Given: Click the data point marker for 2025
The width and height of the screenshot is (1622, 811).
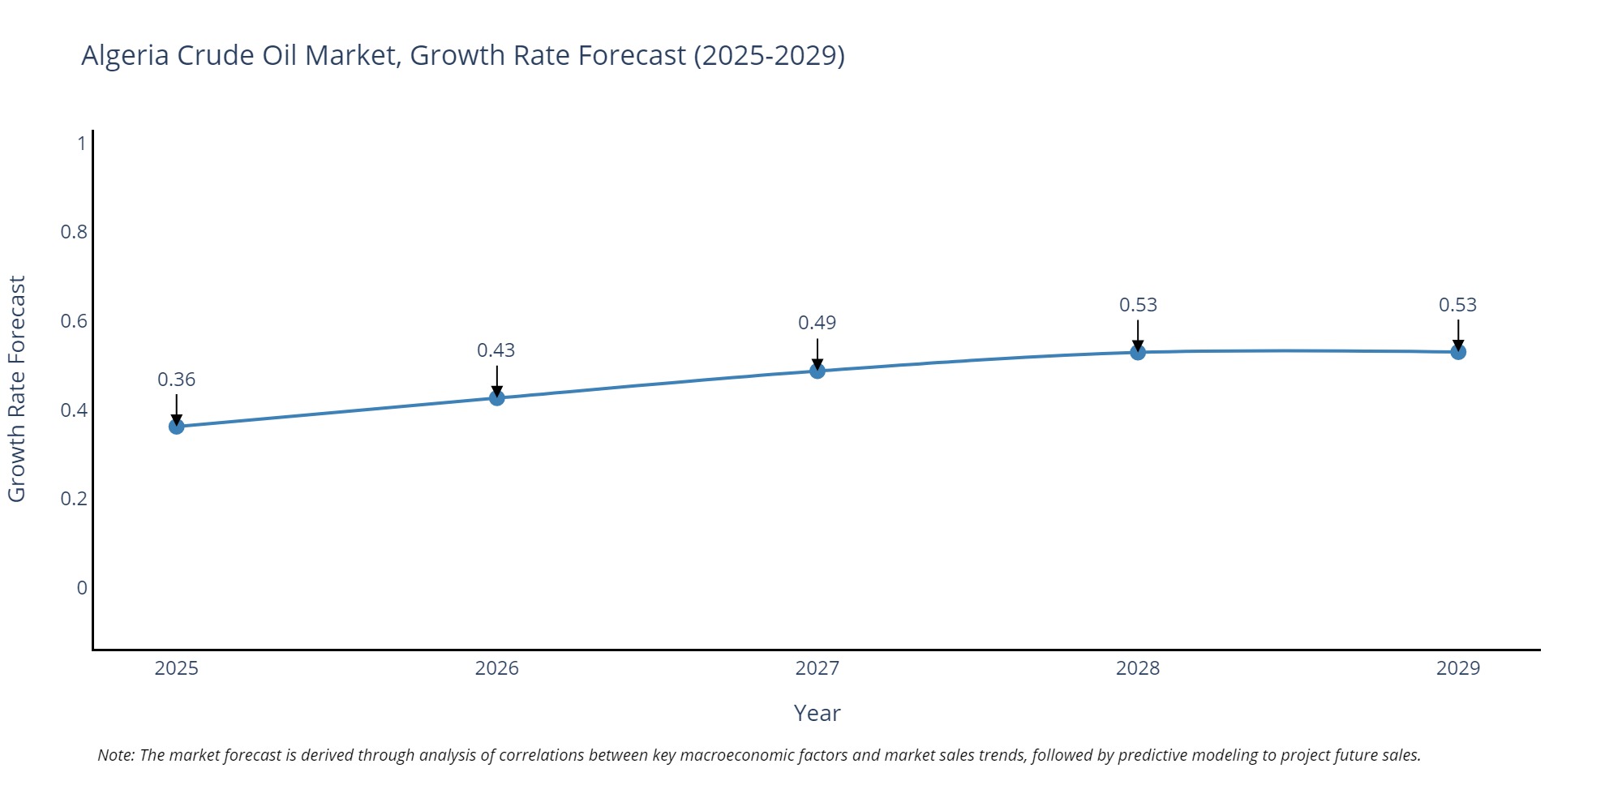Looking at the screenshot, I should pyautogui.click(x=177, y=427).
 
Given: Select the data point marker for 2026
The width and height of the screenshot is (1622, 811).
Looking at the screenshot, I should pyautogui.click(x=497, y=398).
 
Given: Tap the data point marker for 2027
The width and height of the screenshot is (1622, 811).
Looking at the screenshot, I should pyautogui.click(x=817, y=371).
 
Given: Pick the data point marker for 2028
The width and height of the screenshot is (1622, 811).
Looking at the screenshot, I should pyautogui.click(x=1138, y=352).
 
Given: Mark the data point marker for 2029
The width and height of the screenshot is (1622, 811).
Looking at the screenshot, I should pyautogui.click(x=1458, y=352).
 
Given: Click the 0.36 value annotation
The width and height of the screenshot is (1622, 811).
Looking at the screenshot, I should pyautogui.click(x=177, y=380).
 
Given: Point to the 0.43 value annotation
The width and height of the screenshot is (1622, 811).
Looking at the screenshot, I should pyautogui.click(x=496, y=350).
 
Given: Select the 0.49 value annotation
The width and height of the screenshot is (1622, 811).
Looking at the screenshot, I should pyautogui.click(x=817, y=323).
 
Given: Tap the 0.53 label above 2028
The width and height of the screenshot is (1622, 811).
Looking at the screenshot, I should pyautogui.click(x=1138, y=305).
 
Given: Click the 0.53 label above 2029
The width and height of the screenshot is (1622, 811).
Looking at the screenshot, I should pyautogui.click(x=1458, y=305).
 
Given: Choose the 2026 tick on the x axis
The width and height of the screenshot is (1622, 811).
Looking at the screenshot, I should pyautogui.click(x=497, y=668).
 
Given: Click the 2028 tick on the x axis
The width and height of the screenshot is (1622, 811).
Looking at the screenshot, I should pyautogui.click(x=1138, y=668).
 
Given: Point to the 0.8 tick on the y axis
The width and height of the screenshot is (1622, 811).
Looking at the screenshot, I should pyautogui.click(x=74, y=232).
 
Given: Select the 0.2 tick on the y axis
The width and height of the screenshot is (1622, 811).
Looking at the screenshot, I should pyautogui.click(x=74, y=498).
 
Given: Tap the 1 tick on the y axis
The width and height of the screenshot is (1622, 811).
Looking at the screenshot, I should pyautogui.click(x=81, y=144).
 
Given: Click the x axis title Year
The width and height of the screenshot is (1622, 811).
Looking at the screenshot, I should pyautogui.click(x=817, y=713).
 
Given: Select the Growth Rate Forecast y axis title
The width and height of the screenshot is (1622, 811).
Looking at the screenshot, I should pyautogui.click(x=17, y=389).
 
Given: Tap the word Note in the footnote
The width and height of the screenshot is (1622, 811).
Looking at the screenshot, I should pyautogui.click(x=115, y=755).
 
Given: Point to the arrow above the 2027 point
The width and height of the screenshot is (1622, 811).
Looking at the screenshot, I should pyautogui.click(x=817, y=354).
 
